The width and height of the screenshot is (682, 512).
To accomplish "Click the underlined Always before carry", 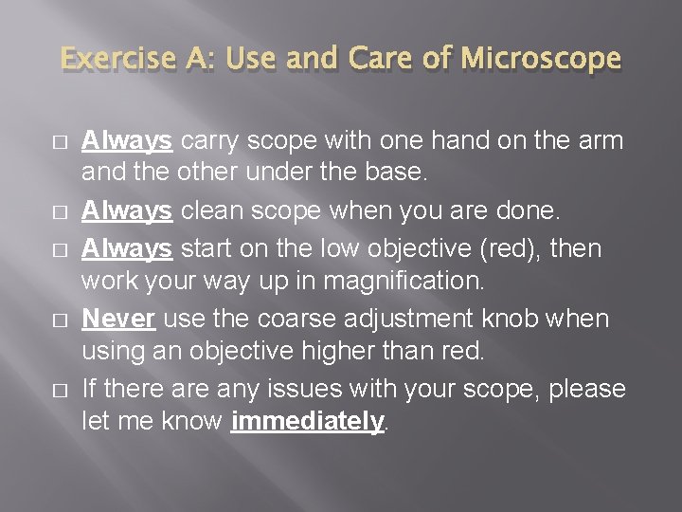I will [x=127, y=141].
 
